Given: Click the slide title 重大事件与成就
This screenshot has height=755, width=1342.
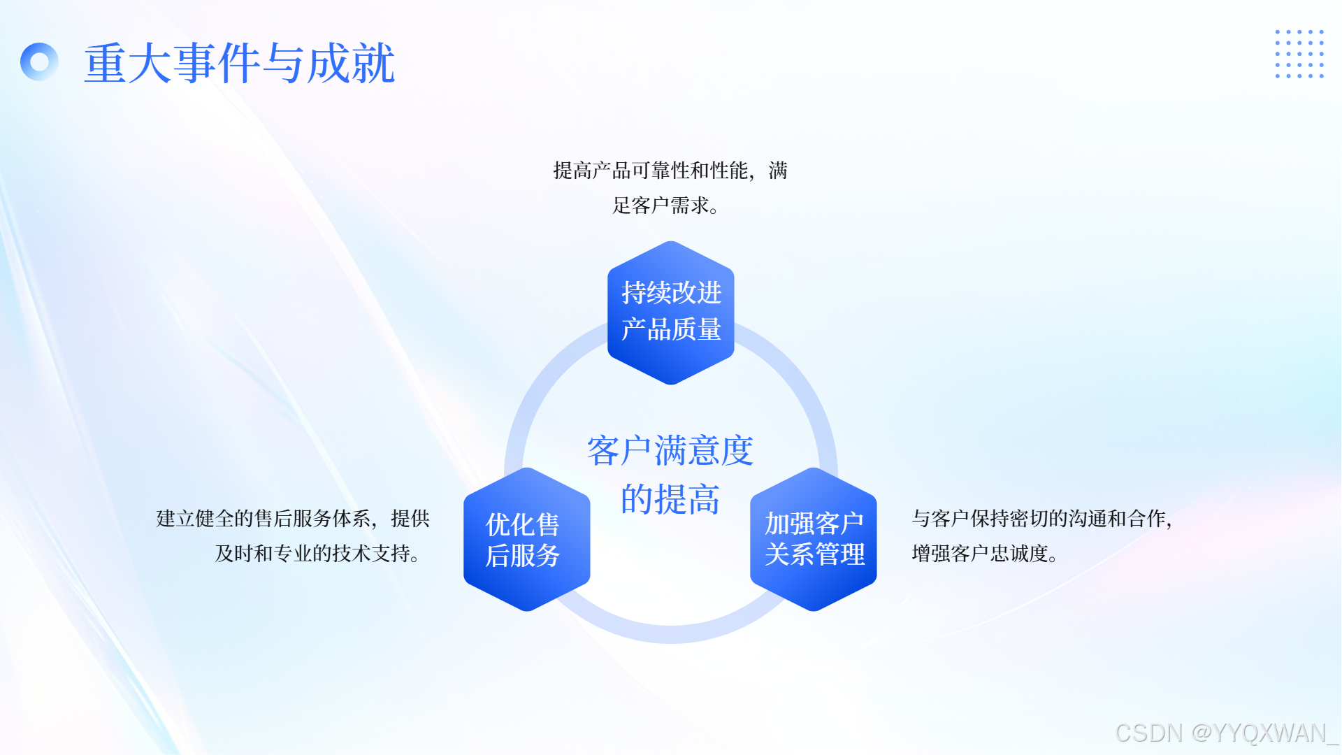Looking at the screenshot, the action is (239, 63).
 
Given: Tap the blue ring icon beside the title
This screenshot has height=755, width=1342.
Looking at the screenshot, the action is (40, 62).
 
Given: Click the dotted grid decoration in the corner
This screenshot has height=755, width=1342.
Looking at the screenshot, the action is (1299, 54).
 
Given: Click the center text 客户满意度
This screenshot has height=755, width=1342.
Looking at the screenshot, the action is (670, 450).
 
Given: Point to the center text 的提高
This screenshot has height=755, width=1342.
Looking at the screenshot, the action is (670, 499).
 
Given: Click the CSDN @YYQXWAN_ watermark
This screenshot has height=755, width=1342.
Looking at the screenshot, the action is (1226, 733).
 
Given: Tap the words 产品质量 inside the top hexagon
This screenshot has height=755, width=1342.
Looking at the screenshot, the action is (671, 329).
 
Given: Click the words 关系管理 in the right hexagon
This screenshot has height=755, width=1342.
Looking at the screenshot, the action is (814, 554).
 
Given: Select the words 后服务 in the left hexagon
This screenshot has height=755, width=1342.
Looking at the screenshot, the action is (523, 556).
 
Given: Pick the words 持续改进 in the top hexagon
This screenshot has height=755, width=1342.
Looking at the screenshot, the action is (671, 292).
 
